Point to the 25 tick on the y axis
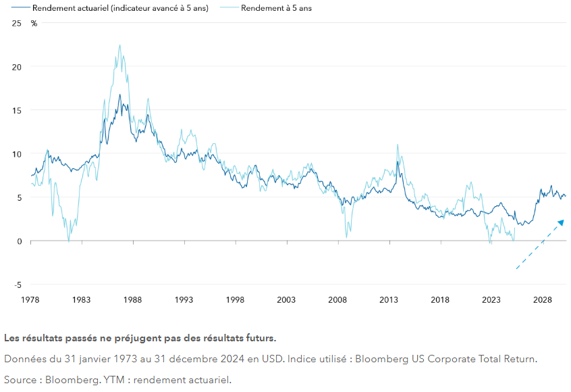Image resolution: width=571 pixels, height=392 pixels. tap(17, 23)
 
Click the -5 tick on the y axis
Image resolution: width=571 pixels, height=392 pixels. tap(18, 285)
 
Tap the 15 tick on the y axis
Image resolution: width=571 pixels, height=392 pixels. tap(17, 110)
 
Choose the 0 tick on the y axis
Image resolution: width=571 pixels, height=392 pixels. tap(20, 241)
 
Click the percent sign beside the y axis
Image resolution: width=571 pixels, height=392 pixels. tap(34, 23)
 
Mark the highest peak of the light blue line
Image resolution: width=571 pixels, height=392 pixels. tap(119, 45)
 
